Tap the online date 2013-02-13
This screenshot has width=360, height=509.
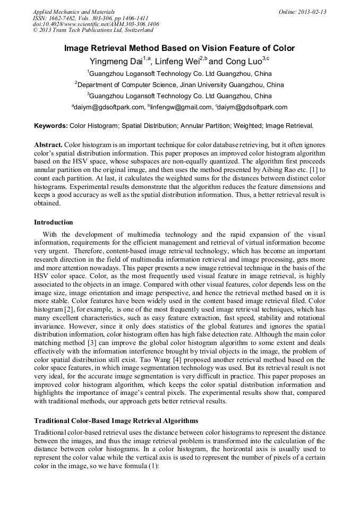click(x=312, y=11)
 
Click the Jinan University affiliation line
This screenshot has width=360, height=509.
click(x=179, y=84)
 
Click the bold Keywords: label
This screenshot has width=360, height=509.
click(x=51, y=126)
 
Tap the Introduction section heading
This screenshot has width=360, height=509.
click(x=54, y=222)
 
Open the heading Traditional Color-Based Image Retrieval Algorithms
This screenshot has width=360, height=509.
click(x=116, y=420)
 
